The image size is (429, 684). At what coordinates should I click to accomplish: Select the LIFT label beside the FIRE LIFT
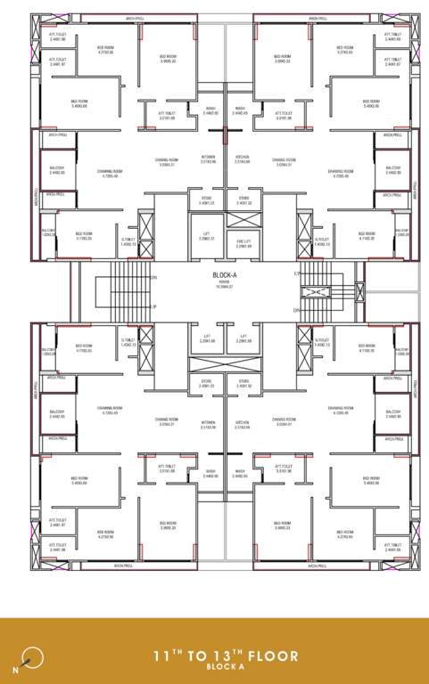206,234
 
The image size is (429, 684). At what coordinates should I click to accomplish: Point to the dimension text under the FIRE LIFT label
243,246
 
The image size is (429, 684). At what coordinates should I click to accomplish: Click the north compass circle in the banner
34,656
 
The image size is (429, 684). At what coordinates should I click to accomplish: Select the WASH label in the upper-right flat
239,113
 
